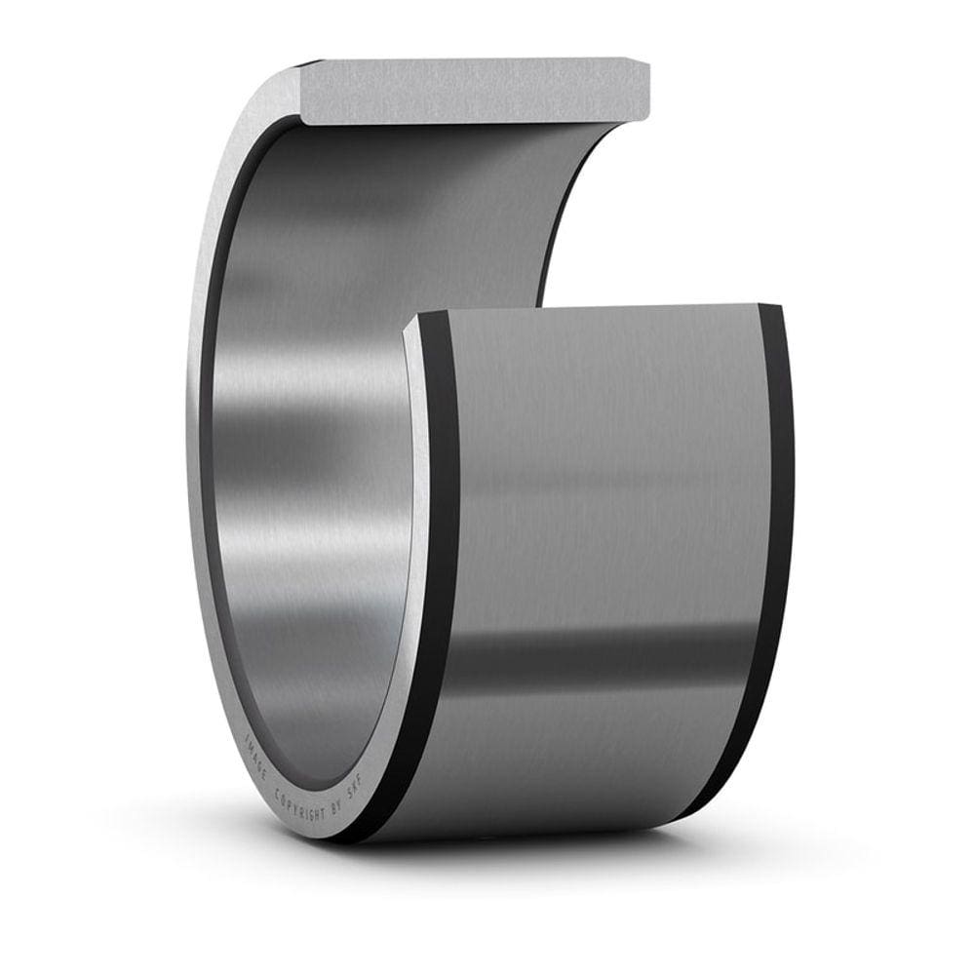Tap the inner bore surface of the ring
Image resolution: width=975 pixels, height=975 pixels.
pyautogui.click(x=312, y=439)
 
